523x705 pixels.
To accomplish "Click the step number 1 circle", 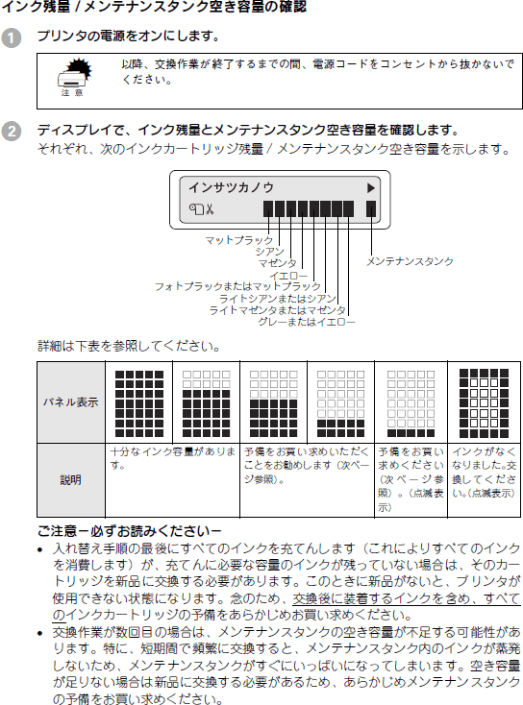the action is (12, 37).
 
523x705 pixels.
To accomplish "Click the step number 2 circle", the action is (12, 132).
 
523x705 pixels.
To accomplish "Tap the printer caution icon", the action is (74, 77).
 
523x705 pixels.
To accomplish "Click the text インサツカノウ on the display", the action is (231, 187).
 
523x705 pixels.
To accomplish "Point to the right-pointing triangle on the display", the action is (370, 188).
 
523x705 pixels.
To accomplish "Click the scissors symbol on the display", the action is (210, 209).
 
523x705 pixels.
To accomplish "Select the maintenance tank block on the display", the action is (371, 209).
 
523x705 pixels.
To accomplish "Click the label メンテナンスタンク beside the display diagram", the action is (410, 261).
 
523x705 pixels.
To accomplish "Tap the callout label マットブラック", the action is (239, 240).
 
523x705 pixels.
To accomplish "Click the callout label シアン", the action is (270, 252).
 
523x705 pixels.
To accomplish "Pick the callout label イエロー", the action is (289, 275).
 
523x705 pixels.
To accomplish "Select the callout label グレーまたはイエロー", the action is (307, 322).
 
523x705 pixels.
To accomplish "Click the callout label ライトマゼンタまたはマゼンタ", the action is (278, 310).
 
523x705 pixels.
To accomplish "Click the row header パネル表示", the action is (71, 401).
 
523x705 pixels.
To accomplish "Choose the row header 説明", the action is (71, 480).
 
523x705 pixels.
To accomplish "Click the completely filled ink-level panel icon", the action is (139, 403).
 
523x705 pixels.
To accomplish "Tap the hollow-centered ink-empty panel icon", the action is (484, 403).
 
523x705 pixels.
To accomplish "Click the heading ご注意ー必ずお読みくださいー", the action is (129, 531).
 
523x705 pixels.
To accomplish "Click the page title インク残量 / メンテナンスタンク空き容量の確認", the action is (155, 7).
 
